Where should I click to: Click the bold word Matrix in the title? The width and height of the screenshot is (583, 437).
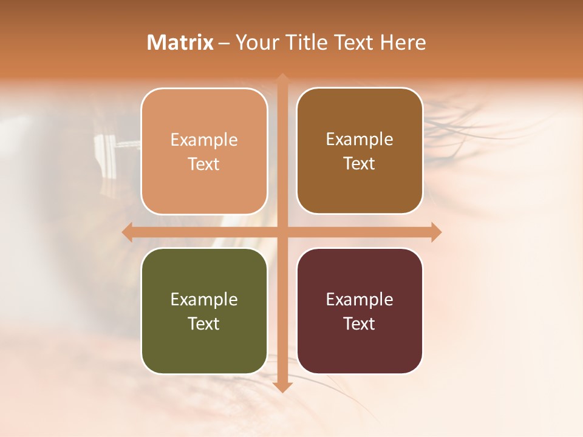180,42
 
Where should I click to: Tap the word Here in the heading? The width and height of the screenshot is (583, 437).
403,42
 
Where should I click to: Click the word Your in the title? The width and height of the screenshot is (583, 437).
257,42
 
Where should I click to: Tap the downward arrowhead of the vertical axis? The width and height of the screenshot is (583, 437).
282,387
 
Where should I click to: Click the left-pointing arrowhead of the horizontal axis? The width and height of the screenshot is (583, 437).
127,232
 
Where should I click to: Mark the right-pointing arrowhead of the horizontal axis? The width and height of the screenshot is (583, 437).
436,232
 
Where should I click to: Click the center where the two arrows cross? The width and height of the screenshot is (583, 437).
282,232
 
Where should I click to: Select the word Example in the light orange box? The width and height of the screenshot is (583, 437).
204,140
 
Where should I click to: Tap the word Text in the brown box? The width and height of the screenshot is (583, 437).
360,163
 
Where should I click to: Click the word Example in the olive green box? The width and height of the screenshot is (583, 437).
204,299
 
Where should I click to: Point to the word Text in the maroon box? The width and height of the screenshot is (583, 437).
360,324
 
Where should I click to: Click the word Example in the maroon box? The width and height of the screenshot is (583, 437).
360,299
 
